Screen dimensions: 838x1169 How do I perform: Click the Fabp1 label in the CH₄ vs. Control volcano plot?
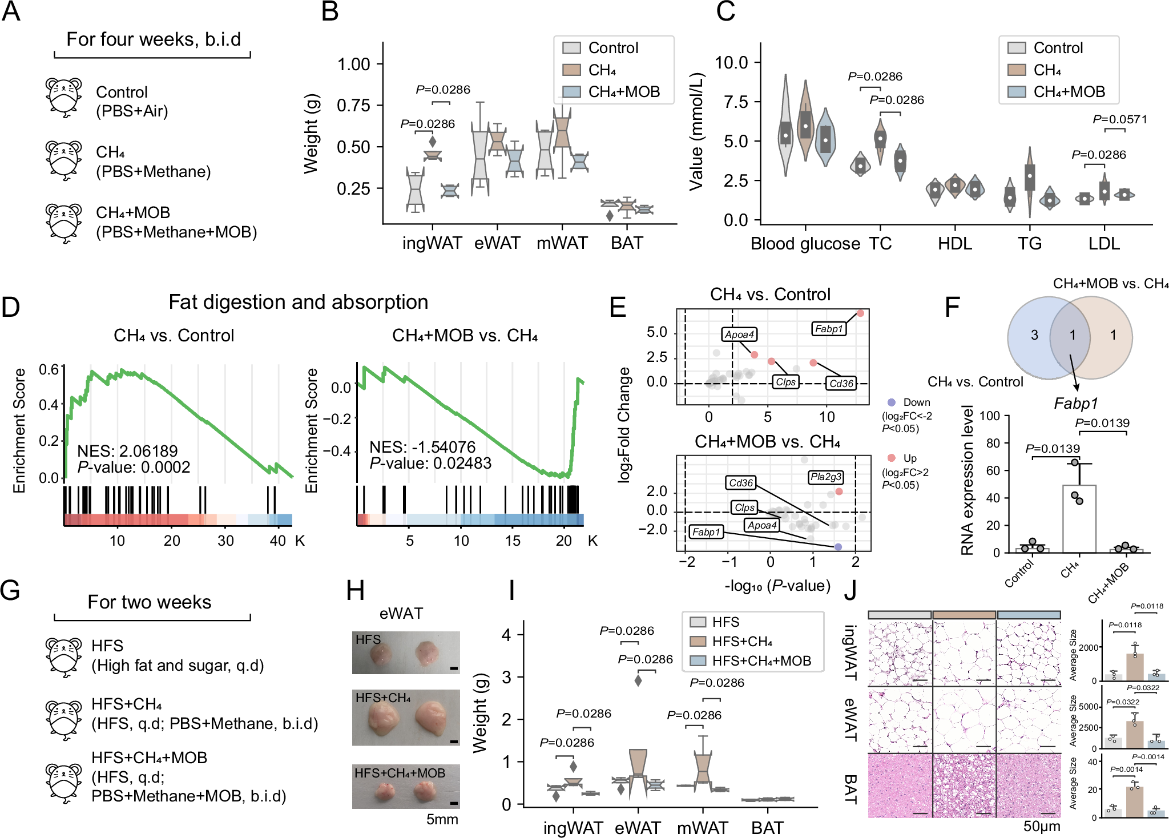828,329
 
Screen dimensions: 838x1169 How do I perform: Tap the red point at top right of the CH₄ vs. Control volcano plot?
860,313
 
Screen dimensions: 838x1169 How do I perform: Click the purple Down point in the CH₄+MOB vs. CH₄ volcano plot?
838,547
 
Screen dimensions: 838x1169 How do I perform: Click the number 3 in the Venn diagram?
1034,335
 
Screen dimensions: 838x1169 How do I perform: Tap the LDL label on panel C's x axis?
1103,244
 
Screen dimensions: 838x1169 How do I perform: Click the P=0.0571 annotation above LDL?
1119,119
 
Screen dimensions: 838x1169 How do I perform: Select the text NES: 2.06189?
127,451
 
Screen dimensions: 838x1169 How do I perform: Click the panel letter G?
10,590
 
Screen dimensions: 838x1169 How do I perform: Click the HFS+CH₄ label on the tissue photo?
383,698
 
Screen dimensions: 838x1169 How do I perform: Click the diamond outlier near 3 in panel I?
638,680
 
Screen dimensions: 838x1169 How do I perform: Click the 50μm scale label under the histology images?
1042,826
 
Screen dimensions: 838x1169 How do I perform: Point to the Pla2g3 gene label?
825,477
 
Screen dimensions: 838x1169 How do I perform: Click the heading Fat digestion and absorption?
298,302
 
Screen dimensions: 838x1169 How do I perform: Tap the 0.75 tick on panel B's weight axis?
353,106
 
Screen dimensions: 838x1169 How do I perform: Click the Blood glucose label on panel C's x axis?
805,244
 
